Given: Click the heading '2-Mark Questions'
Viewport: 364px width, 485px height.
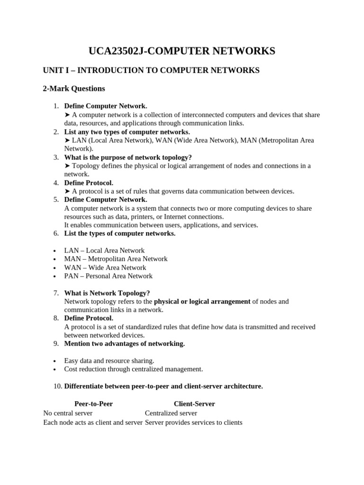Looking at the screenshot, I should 74,89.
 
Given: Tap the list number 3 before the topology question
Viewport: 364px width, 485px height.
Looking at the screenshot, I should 56,157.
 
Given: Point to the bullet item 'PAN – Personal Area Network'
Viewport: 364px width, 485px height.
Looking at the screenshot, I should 109,276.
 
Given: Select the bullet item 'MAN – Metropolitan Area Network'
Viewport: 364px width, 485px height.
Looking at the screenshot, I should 116,259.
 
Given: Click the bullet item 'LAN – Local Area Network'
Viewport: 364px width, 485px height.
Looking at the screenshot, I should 104,250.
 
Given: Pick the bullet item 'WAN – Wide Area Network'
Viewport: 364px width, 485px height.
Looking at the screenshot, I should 105,267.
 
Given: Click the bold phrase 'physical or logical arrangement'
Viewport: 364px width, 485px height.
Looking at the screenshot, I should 202,301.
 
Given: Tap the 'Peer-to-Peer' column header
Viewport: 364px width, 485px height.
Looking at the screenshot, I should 94,404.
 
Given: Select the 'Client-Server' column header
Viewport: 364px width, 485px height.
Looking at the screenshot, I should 194,404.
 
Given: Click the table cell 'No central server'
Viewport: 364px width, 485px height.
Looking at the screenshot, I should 68,413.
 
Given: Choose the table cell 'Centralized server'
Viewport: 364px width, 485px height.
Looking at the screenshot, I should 171,413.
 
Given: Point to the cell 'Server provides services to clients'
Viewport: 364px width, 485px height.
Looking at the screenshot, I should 193,422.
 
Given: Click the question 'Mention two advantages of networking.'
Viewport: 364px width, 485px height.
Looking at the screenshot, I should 125,344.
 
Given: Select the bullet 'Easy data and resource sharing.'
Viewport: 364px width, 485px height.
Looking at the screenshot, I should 109,360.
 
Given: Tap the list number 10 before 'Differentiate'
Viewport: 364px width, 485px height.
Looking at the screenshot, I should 57,386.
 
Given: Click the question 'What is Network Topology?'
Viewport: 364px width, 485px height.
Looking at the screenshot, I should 107,293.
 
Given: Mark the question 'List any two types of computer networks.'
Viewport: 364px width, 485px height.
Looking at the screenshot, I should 127,132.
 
